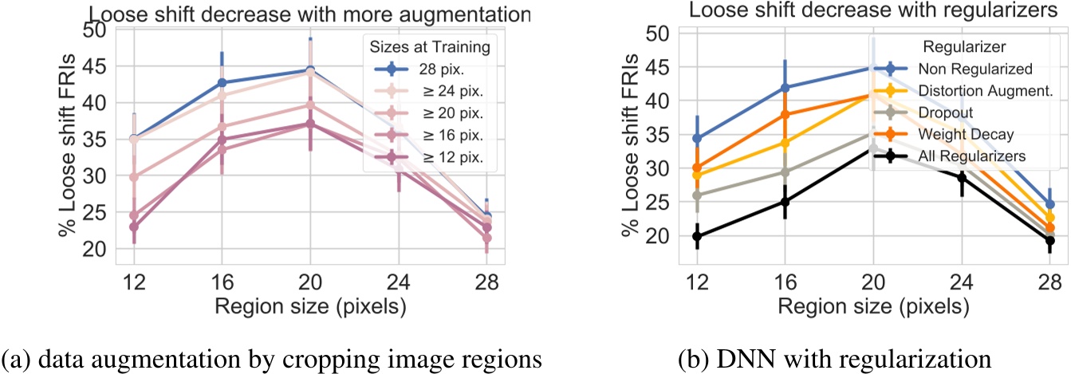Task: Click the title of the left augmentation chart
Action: pos(309,13)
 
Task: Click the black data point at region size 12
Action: pos(697,236)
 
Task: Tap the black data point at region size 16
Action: pos(785,202)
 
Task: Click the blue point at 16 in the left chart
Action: pos(222,82)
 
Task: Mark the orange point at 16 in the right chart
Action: pos(785,115)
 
